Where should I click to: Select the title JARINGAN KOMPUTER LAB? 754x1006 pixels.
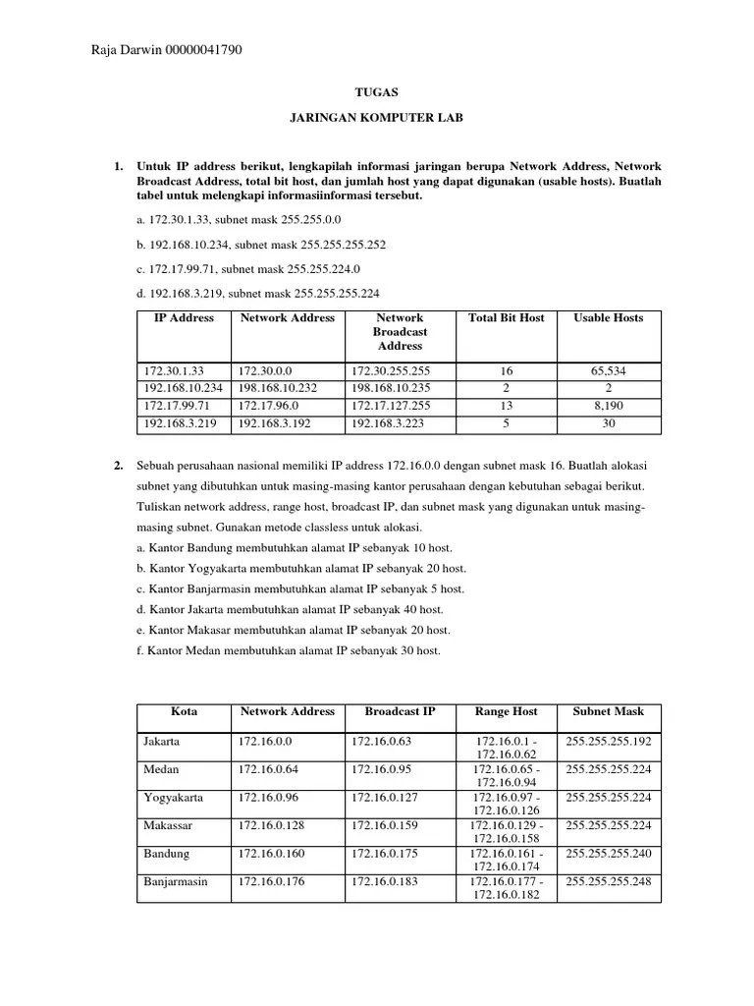[376, 117]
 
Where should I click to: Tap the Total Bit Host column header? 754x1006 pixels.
[506, 318]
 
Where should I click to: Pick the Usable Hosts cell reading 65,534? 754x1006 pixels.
[609, 371]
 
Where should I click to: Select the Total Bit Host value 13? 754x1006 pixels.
[506, 407]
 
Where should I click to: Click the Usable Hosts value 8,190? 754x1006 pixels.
[609, 407]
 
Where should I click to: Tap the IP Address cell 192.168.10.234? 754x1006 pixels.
[184, 389]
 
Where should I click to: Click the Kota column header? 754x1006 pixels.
[184, 711]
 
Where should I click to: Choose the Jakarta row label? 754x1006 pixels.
[162, 742]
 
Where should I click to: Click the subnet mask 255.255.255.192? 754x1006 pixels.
[609, 742]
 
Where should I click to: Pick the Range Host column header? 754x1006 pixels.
[506, 711]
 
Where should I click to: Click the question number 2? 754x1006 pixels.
[118, 464]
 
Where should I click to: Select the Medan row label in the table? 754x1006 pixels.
[160, 769]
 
